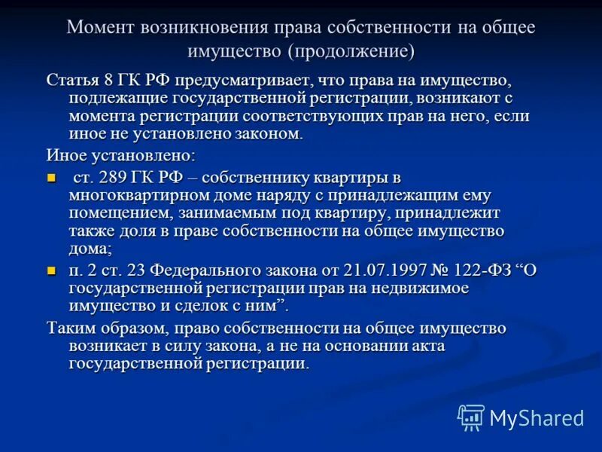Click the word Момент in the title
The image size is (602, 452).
tap(102, 28)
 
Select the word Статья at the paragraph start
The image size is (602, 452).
tap(72, 81)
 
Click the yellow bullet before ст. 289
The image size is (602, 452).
tap(51, 179)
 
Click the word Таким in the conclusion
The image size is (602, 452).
tap(70, 328)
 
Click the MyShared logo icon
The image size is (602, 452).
tap(471, 417)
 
